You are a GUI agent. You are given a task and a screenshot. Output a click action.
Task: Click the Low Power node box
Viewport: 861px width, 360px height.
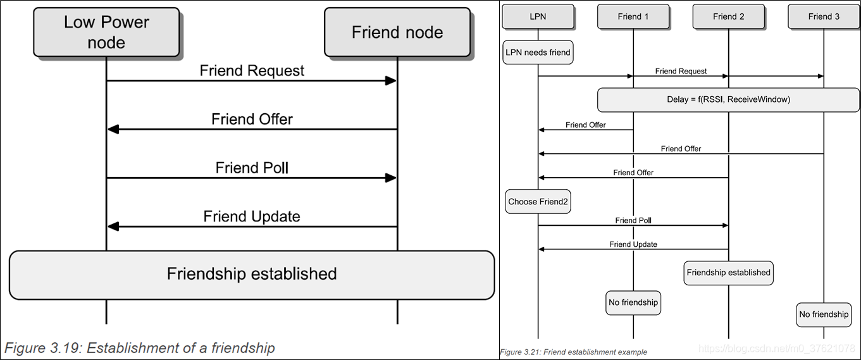(106, 32)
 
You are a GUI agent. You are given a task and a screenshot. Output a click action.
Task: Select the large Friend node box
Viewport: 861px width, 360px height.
(397, 32)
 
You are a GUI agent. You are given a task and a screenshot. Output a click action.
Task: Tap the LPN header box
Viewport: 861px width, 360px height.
(538, 16)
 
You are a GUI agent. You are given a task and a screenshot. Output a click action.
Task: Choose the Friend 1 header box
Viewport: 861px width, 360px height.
(633, 16)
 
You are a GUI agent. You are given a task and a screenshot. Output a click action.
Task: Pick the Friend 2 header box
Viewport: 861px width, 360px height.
(728, 16)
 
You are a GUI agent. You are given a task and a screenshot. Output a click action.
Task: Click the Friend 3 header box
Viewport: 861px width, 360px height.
(823, 16)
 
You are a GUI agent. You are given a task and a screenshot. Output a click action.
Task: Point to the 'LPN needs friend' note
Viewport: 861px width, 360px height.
(538, 53)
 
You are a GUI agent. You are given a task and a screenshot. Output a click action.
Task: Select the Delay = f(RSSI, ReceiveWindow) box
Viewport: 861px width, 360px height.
(728, 100)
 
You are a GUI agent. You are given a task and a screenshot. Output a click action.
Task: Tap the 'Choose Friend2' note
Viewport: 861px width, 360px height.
(538, 202)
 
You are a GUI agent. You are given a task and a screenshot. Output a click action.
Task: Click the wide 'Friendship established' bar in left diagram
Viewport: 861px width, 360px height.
(251, 274)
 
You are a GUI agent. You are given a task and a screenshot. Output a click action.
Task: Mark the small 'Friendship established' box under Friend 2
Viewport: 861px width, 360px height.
(728, 273)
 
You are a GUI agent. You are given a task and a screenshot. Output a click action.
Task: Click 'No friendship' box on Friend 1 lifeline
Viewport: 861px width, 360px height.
(633, 302)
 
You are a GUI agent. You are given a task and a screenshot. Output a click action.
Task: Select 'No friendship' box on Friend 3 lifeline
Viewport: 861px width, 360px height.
(823, 314)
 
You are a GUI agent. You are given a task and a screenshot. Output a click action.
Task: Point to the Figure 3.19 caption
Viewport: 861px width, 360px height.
(140, 348)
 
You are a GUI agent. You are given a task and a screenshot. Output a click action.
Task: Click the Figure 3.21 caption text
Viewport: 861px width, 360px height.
(573, 352)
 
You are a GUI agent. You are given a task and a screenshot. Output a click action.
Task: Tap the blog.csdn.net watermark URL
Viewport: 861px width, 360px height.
(779, 349)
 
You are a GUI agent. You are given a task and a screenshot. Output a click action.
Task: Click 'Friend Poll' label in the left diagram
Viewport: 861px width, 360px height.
(251, 168)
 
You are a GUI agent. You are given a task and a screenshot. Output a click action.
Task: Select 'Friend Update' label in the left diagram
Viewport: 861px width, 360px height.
(251, 216)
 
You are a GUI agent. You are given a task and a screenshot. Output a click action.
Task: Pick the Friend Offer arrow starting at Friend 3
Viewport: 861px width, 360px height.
(681, 154)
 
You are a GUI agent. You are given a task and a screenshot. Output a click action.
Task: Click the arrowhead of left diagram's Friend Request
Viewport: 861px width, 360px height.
(390, 80)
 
